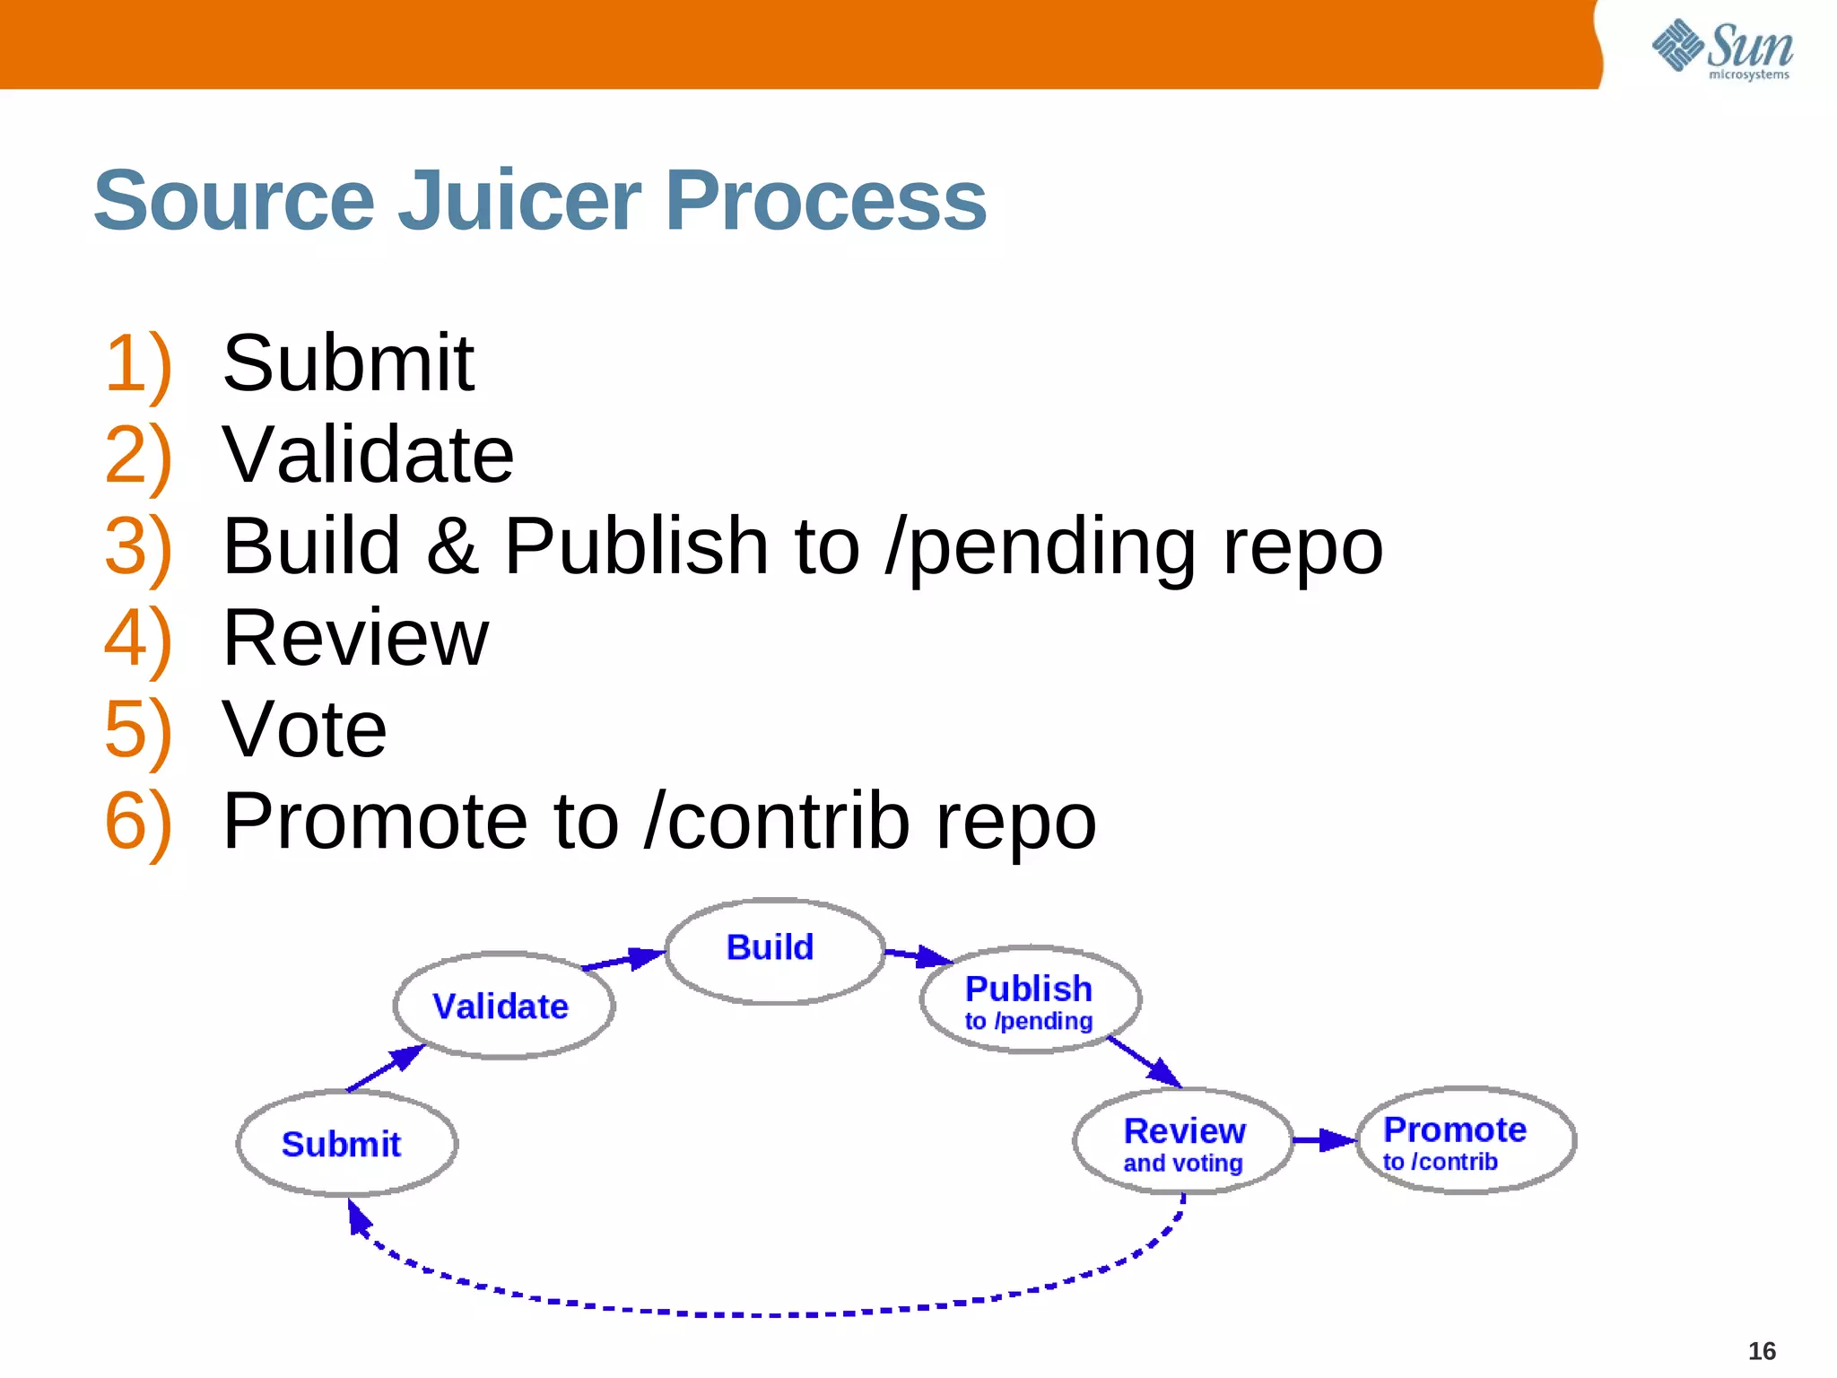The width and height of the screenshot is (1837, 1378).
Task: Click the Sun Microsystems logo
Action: [x=1721, y=48]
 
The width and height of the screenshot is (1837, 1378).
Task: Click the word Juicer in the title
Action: [x=519, y=201]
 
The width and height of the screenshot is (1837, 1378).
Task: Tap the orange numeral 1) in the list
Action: [x=137, y=363]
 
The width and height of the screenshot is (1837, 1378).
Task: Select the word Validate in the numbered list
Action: [x=368, y=455]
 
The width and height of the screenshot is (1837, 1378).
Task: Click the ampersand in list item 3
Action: [x=451, y=546]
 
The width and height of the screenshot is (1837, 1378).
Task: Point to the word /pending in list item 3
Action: [x=1040, y=546]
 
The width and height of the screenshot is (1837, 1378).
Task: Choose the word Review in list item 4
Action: [x=355, y=638]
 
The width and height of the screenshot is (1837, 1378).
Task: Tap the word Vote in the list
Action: [x=304, y=729]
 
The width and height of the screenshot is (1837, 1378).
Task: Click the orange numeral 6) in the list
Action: [x=137, y=821]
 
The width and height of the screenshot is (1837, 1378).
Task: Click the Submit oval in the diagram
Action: [x=347, y=1144]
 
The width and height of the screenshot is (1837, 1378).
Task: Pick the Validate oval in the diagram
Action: [x=504, y=1006]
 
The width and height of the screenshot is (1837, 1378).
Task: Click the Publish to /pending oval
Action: [x=1030, y=999]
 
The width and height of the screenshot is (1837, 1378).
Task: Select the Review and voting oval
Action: [x=1183, y=1142]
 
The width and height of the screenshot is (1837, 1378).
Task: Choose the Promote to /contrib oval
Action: [x=1466, y=1140]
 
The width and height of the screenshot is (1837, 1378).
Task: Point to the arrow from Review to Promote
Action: [x=1324, y=1140]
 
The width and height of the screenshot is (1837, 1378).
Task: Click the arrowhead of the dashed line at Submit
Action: [x=358, y=1218]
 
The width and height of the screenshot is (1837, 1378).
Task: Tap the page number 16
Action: [x=1762, y=1351]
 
